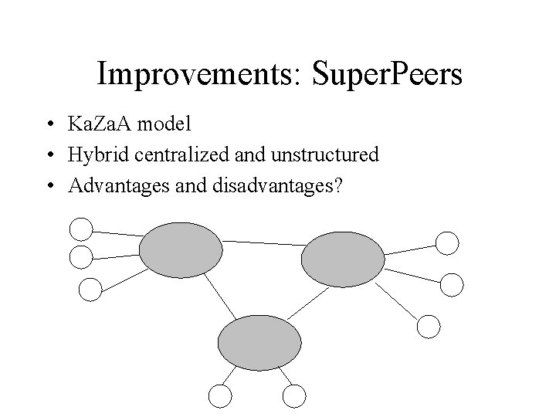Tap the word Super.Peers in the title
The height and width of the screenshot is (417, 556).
pos(385,75)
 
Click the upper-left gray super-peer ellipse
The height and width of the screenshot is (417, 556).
pos(180,249)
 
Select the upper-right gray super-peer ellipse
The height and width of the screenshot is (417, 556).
pos(342,259)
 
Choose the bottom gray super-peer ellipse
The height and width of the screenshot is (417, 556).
pos(259,342)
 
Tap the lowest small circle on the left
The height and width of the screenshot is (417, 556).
pos(90,290)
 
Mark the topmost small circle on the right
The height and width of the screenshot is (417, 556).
pos(447,243)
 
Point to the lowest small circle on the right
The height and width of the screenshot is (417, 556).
pos(429,326)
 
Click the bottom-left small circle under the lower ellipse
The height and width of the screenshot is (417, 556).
pos(220,396)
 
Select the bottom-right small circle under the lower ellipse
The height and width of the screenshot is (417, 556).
pos(294,396)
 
